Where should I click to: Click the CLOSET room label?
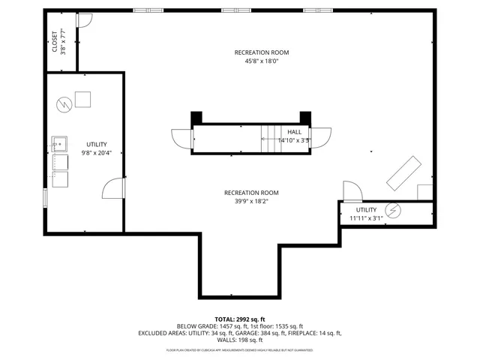55,42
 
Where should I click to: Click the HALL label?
294,131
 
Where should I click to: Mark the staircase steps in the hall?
269,135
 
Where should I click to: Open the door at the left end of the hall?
182,139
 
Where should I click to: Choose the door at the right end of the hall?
321,139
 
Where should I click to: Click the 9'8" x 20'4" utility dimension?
97,154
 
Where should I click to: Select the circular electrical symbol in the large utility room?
64,103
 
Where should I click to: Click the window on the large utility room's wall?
45,199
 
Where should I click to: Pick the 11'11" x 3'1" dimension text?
367,218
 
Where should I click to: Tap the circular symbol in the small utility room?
391,210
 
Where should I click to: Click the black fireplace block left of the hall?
196,117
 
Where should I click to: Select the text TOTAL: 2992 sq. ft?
240,319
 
